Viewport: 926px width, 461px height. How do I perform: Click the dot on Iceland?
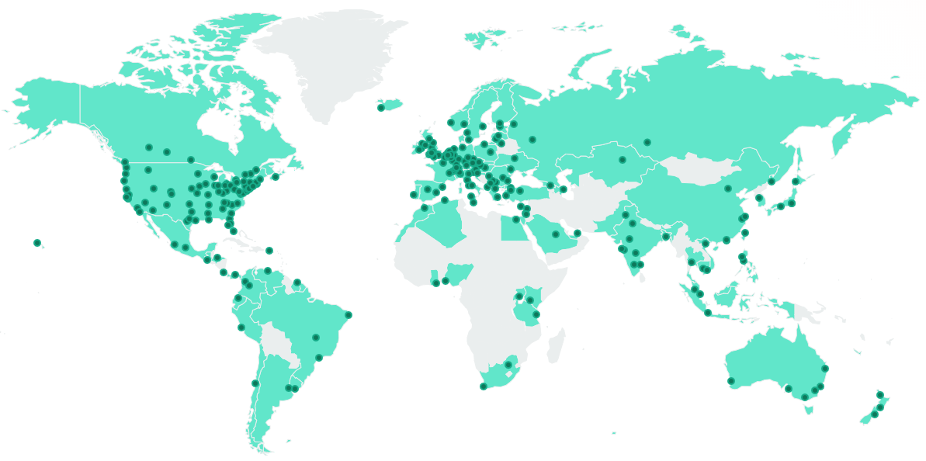pyautogui.click(x=380, y=108)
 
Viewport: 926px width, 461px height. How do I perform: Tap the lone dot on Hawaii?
pyautogui.click(x=36, y=243)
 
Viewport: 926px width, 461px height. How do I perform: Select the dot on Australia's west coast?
pyautogui.click(x=730, y=381)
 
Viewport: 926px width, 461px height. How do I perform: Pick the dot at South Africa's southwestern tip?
pyautogui.click(x=484, y=386)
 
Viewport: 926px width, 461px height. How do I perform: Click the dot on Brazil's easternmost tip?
pyautogui.click(x=349, y=315)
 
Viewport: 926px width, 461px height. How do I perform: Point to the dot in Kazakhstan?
pyautogui.click(x=623, y=161)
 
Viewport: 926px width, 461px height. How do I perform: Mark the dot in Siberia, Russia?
pyautogui.click(x=647, y=142)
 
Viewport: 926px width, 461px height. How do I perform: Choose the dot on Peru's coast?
pyautogui.click(x=241, y=328)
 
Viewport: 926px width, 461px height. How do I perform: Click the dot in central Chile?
pyautogui.click(x=255, y=383)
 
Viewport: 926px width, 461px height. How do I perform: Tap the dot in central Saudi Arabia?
pyautogui.click(x=556, y=234)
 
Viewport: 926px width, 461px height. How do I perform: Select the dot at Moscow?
pyautogui.click(x=532, y=140)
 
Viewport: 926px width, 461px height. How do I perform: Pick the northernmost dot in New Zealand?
pyautogui.click(x=880, y=395)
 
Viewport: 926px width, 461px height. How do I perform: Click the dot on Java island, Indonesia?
pyautogui.click(x=707, y=313)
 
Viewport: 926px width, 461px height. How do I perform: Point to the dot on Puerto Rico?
pyautogui.click(x=269, y=250)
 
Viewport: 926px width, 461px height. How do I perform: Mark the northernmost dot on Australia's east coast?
pyautogui.click(x=825, y=369)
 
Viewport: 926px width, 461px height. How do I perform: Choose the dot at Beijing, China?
pyautogui.click(x=728, y=189)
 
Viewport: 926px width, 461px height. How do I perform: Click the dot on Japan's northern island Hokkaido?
pyautogui.click(x=795, y=182)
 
